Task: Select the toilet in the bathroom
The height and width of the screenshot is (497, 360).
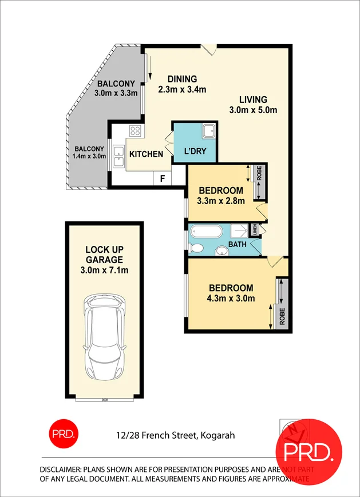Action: pos(196,248)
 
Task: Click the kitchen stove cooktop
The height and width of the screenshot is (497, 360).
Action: pos(136,132)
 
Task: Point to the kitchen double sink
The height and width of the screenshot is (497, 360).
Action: pos(119,156)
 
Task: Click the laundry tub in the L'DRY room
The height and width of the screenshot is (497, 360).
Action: pos(208,131)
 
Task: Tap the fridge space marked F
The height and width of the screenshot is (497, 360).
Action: pos(163,178)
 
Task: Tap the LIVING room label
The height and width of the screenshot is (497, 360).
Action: pos(253,100)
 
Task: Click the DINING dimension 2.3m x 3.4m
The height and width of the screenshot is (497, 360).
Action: pos(181,89)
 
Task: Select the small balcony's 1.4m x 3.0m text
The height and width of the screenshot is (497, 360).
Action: pos(89,156)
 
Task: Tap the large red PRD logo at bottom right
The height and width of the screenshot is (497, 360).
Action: pos(308,452)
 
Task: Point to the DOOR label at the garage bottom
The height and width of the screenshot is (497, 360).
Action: pos(104,400)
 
